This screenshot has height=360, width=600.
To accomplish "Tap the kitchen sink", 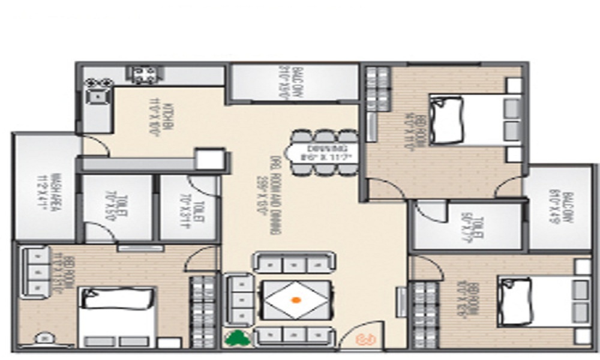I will [x=97, y=95].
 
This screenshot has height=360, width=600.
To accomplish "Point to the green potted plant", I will [x=237, y=338].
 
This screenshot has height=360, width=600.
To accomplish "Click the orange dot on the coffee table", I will [x=295, y=299].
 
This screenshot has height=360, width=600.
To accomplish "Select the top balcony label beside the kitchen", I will [x=283, y=82].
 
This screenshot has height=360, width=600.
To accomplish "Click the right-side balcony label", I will [x=555, y=207].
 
